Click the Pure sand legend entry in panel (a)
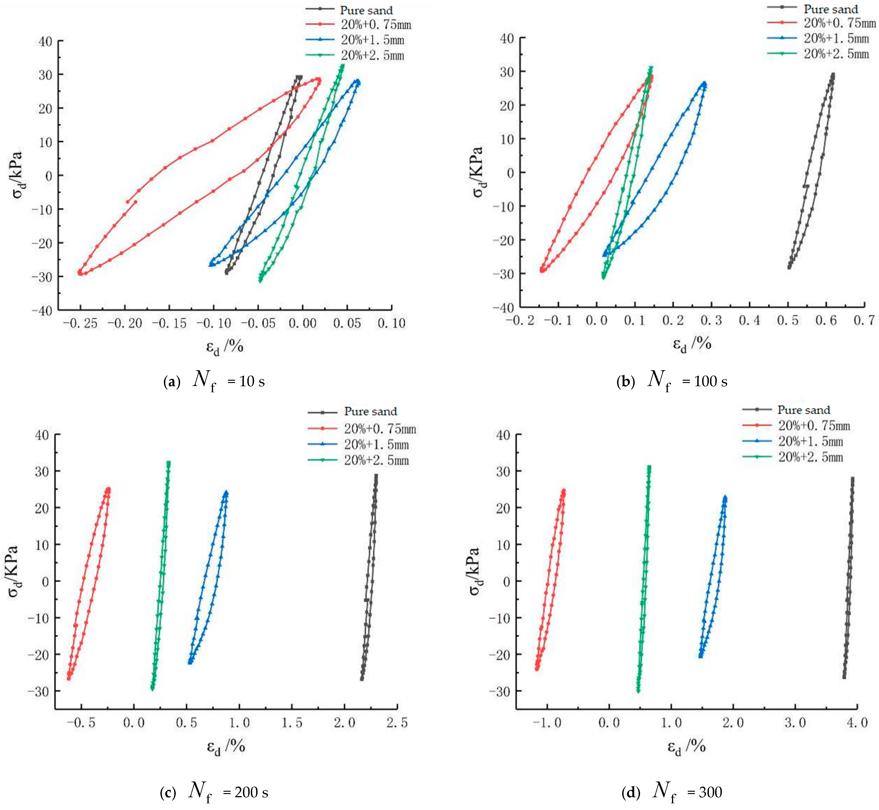point(366,10)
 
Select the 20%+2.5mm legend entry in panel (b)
point(836,54)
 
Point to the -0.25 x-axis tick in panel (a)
point(80,323)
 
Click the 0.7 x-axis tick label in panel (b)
point(864,320)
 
